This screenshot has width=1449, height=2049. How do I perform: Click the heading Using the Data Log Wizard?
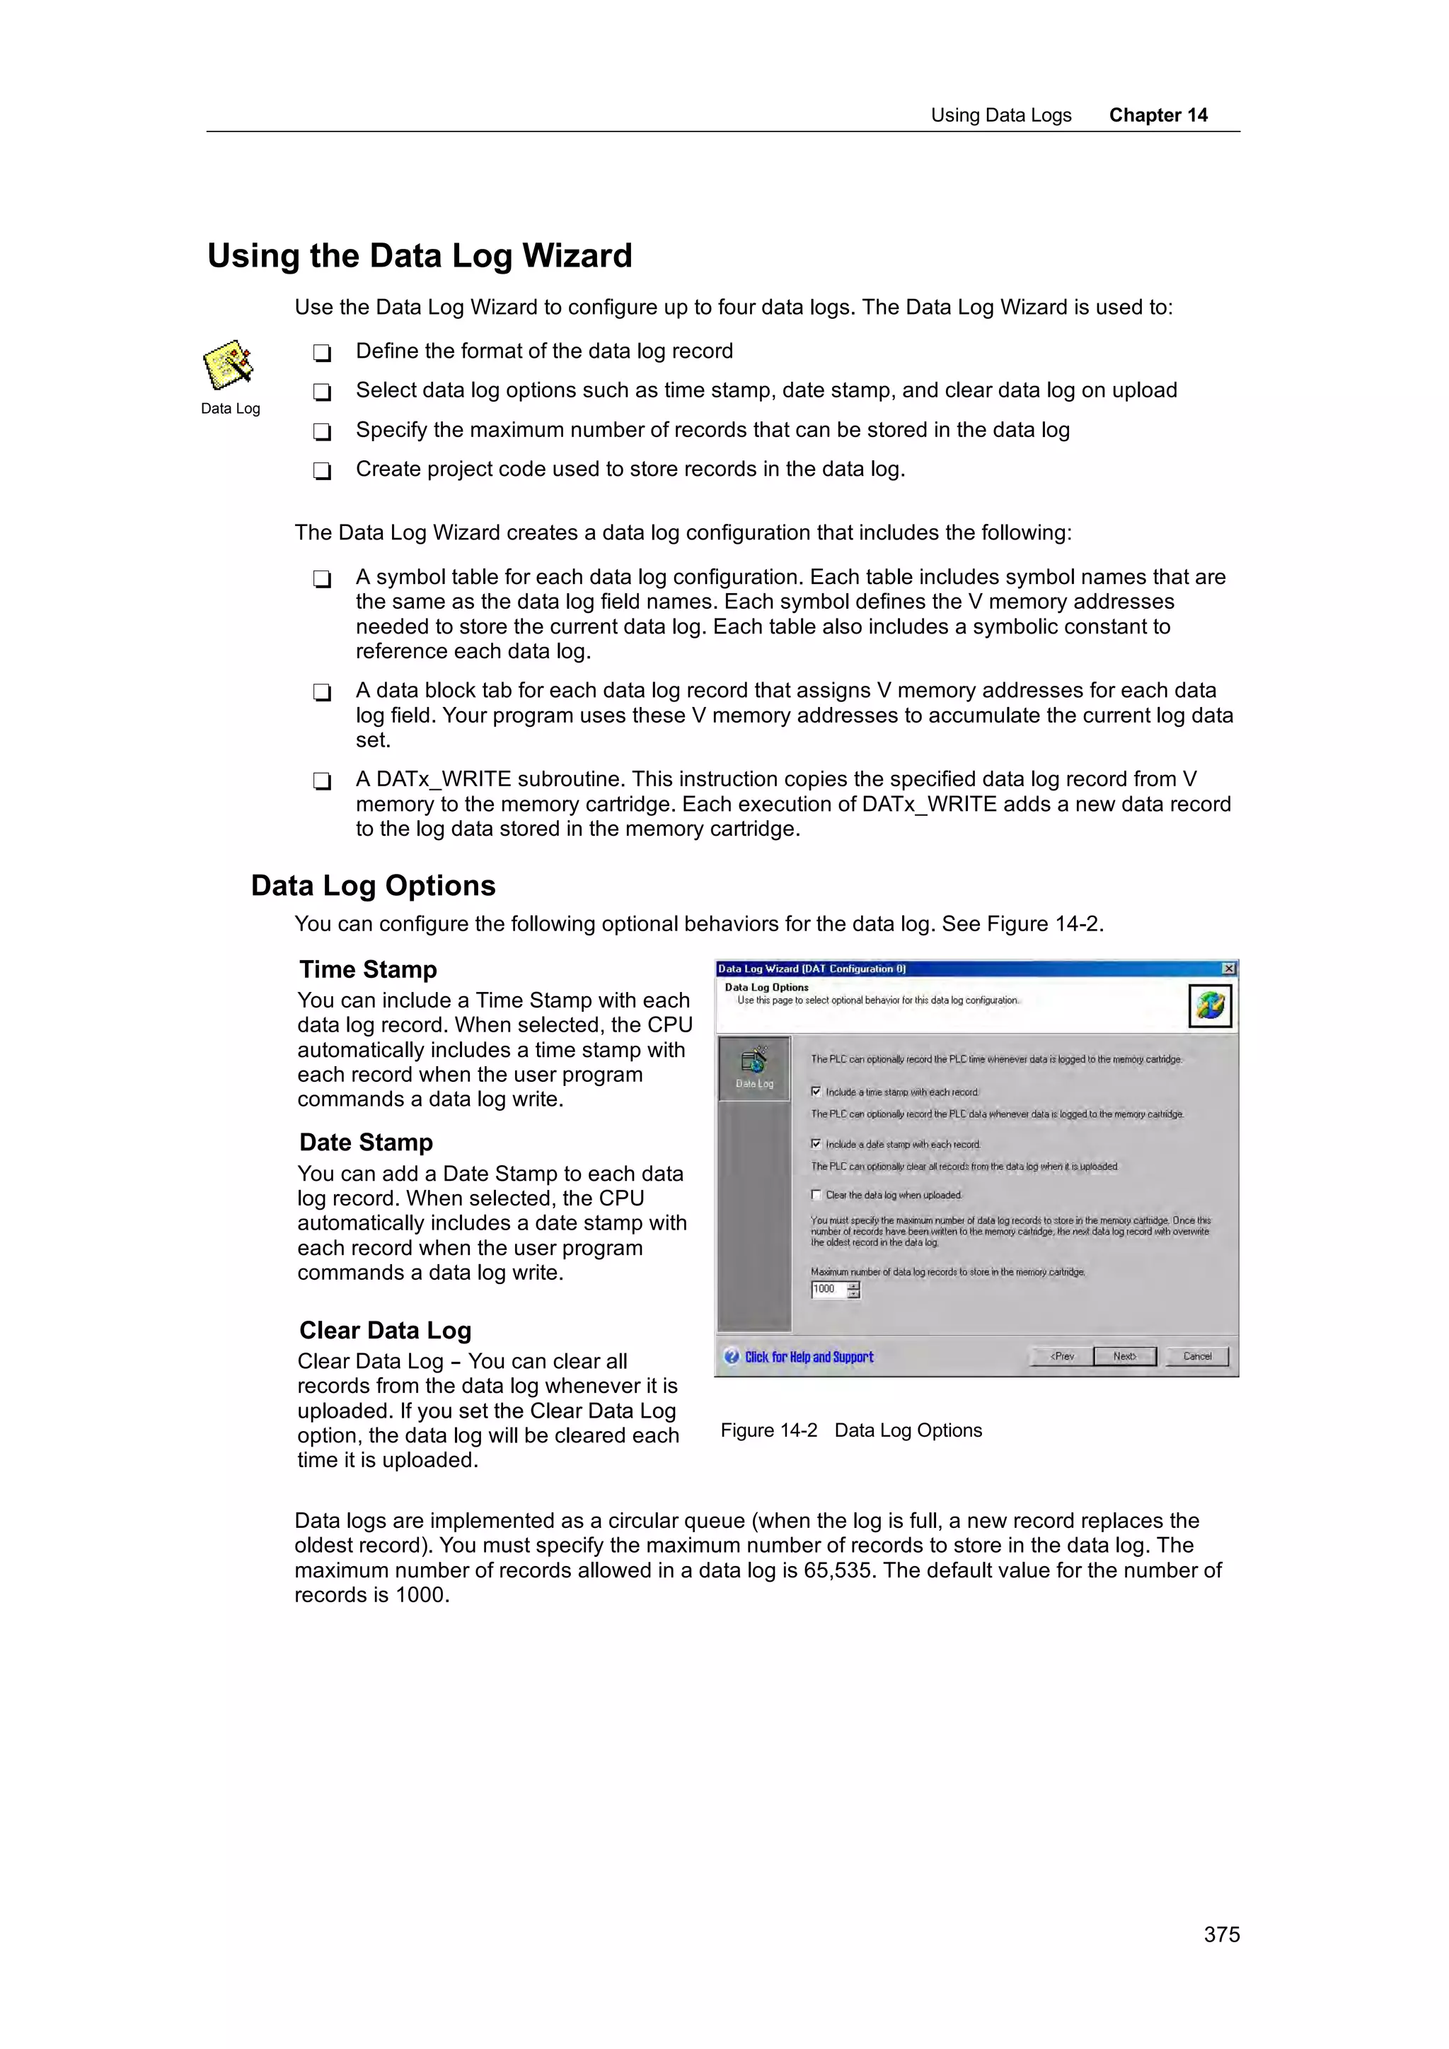tap(420, 256)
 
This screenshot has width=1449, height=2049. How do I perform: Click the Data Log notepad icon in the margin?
tap(229, 364)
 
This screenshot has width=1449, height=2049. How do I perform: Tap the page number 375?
tap(1220, 1934)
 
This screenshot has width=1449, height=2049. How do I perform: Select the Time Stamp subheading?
tap(368, 970)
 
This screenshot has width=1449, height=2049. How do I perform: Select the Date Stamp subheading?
tap(366, 1143)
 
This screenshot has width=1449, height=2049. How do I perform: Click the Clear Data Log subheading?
tap(385, 1331)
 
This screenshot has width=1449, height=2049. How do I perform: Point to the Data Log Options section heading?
tap(373, 886)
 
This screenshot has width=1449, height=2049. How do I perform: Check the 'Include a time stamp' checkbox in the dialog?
tap(816, 1092)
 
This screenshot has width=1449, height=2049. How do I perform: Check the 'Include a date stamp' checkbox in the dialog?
tap(816, 1144)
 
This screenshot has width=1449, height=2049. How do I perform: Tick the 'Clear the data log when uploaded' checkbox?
tap(816, 1195)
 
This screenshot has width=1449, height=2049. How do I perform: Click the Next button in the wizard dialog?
tap(1124, 1357)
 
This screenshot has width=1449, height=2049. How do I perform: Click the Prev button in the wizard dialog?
tap(1061, 1357)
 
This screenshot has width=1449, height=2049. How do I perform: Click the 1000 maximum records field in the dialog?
tap(828, 1290)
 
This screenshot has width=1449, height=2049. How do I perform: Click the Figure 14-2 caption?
tap(851, 1430)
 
